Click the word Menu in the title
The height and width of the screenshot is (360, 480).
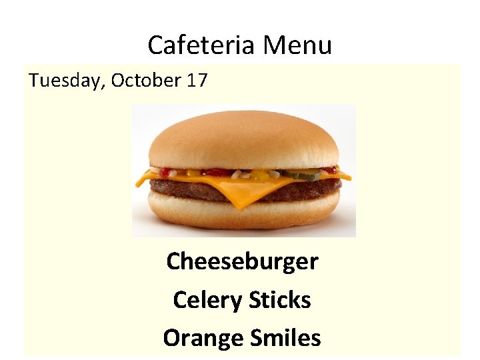pyautogui.click(x=297, y=45)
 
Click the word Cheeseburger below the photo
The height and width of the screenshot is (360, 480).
pyautogui.click(x=242, y=261)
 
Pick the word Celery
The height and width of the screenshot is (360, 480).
pyautogui.click(x=207, y=299)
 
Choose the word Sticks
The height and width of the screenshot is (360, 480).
pyautogui.click(x=280, y=299)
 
